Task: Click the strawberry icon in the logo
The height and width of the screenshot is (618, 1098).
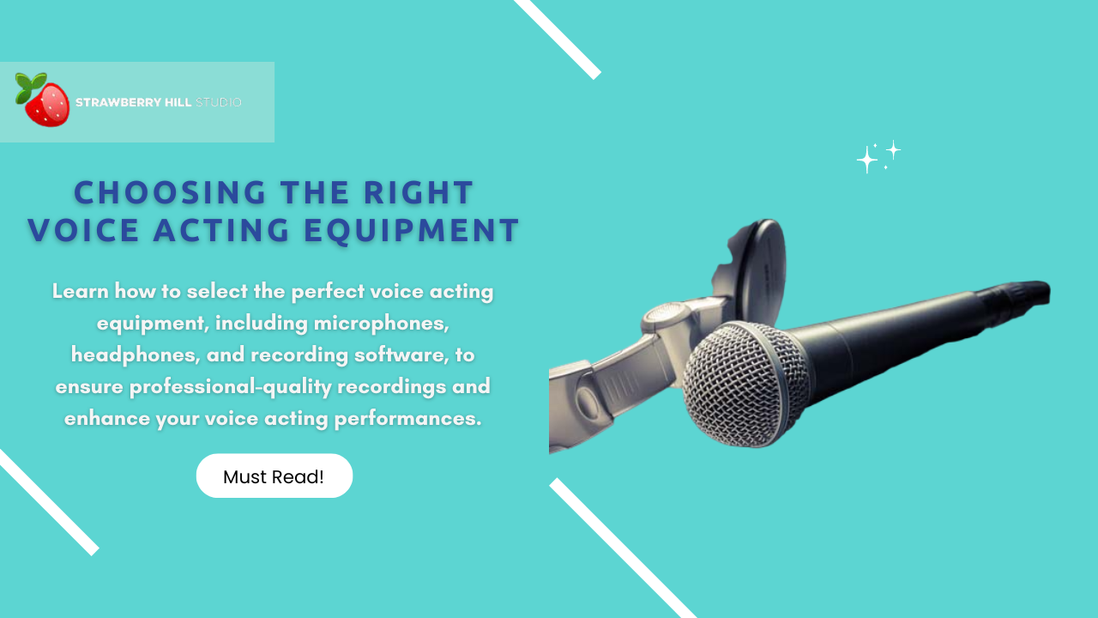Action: tap(46, 105)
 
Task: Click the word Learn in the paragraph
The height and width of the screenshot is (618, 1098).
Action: tap(81, 291)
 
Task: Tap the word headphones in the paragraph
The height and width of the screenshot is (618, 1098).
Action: tap(135, 354)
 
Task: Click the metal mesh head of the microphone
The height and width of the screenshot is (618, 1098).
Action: tap(745, 385)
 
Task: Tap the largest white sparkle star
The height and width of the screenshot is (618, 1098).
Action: tap(867, 160)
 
